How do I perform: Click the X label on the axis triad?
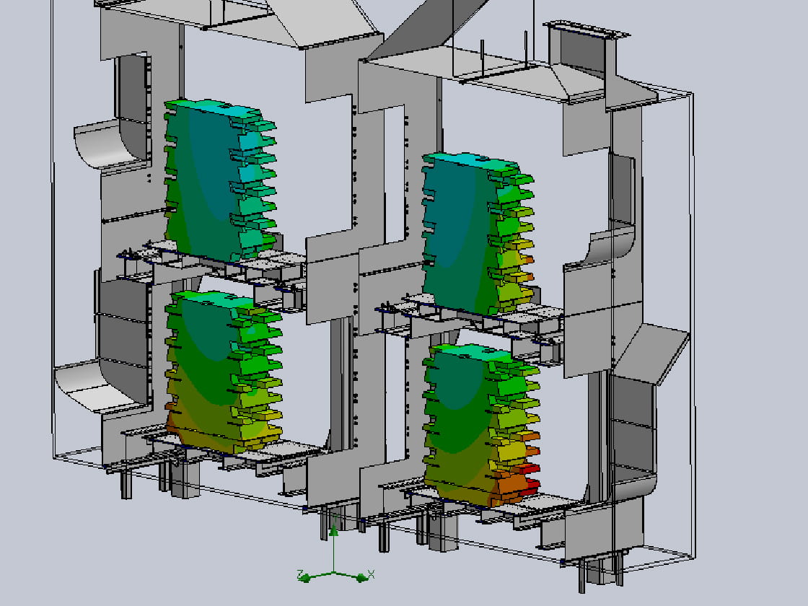371,574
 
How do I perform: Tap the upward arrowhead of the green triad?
334,530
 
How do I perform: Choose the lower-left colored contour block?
224,371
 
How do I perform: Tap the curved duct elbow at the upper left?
105,144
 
